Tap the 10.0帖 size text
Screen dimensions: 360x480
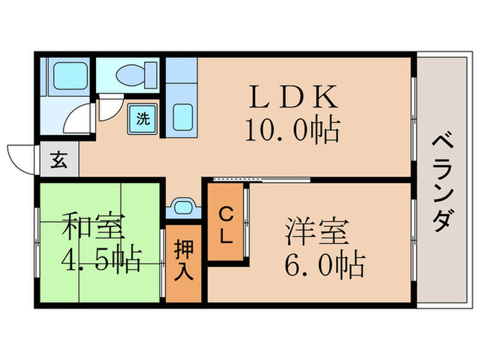(293, 130)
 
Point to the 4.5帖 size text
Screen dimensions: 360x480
(101, 259)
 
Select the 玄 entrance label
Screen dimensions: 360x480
(59, 162)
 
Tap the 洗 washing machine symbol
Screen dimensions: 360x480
(143, 118)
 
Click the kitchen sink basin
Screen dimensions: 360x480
(181, 119)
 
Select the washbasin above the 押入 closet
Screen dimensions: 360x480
(182, 206)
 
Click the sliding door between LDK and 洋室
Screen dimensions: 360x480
(261, 180)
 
